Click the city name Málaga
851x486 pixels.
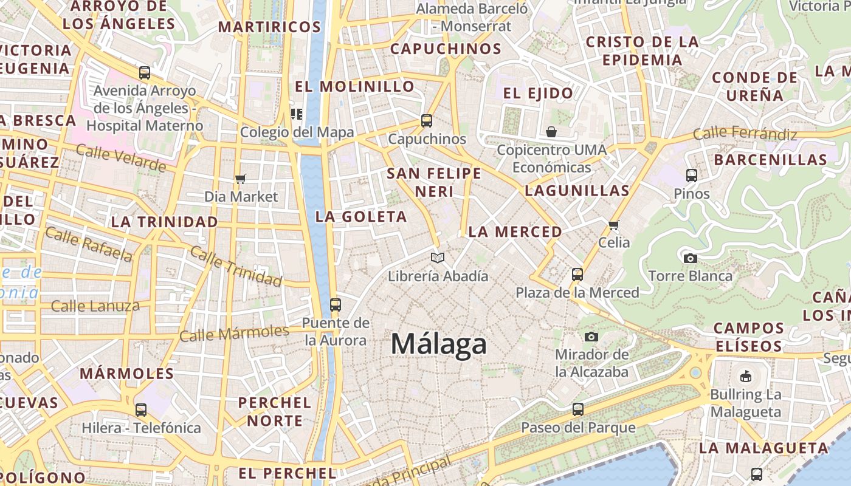438,344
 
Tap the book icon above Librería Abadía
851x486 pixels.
438,258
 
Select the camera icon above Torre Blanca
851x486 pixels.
690,258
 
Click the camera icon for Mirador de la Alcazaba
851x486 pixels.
591,337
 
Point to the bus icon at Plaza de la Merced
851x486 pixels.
577,275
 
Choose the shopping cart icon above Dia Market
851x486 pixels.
241,179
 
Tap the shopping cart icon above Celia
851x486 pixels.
614,225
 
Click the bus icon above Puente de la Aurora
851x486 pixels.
335,305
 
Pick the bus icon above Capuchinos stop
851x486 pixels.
427,121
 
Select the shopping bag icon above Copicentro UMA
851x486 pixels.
551,132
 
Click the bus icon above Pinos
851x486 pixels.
691,176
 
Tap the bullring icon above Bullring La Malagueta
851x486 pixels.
745,377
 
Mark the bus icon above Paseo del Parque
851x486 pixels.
577,409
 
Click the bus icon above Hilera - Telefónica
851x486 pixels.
141,410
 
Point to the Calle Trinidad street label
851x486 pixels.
236,266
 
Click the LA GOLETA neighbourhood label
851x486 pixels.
361,217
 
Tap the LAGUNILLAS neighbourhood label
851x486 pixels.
577,191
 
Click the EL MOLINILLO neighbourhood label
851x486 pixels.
354,86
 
